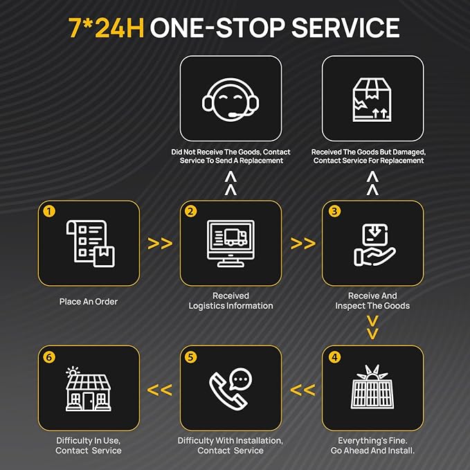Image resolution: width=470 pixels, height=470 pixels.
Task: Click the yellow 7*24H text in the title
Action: click(x=107, y=28)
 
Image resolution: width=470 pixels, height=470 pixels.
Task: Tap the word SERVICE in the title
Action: click(x=345, y=28)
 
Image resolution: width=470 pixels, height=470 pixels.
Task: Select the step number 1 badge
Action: click(x=49, y=211)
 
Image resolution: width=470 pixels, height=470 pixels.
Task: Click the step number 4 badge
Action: click(x=334, y=357)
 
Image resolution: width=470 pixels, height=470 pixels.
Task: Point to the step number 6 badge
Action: click(x=49, y=357)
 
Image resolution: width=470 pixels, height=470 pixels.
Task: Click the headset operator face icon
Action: click(x=231, y=100)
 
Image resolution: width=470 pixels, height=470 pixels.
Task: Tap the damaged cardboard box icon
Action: click(x=372, y=100)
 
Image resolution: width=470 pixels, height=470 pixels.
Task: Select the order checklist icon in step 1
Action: click(x=90, y=244)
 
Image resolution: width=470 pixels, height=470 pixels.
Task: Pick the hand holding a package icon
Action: click(x=374, y=244)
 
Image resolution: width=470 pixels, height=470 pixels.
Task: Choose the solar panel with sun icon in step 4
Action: click(x=372, y=387)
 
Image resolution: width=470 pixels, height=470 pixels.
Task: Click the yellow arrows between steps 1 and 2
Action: click(x=160, y=244)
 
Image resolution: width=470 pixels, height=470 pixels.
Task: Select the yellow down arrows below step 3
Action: click(x=372, y=327)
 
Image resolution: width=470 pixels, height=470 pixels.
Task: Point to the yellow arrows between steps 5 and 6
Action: click(x=160, y=390)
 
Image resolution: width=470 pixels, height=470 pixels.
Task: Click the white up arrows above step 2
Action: click(x=231, y=183)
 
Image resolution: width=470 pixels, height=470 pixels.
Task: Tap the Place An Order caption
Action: click(x=89, y=302)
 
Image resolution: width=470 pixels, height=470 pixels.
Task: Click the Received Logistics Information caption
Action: click(x=231, y=300)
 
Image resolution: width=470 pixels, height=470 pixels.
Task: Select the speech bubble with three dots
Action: click(x=240, y=379)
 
